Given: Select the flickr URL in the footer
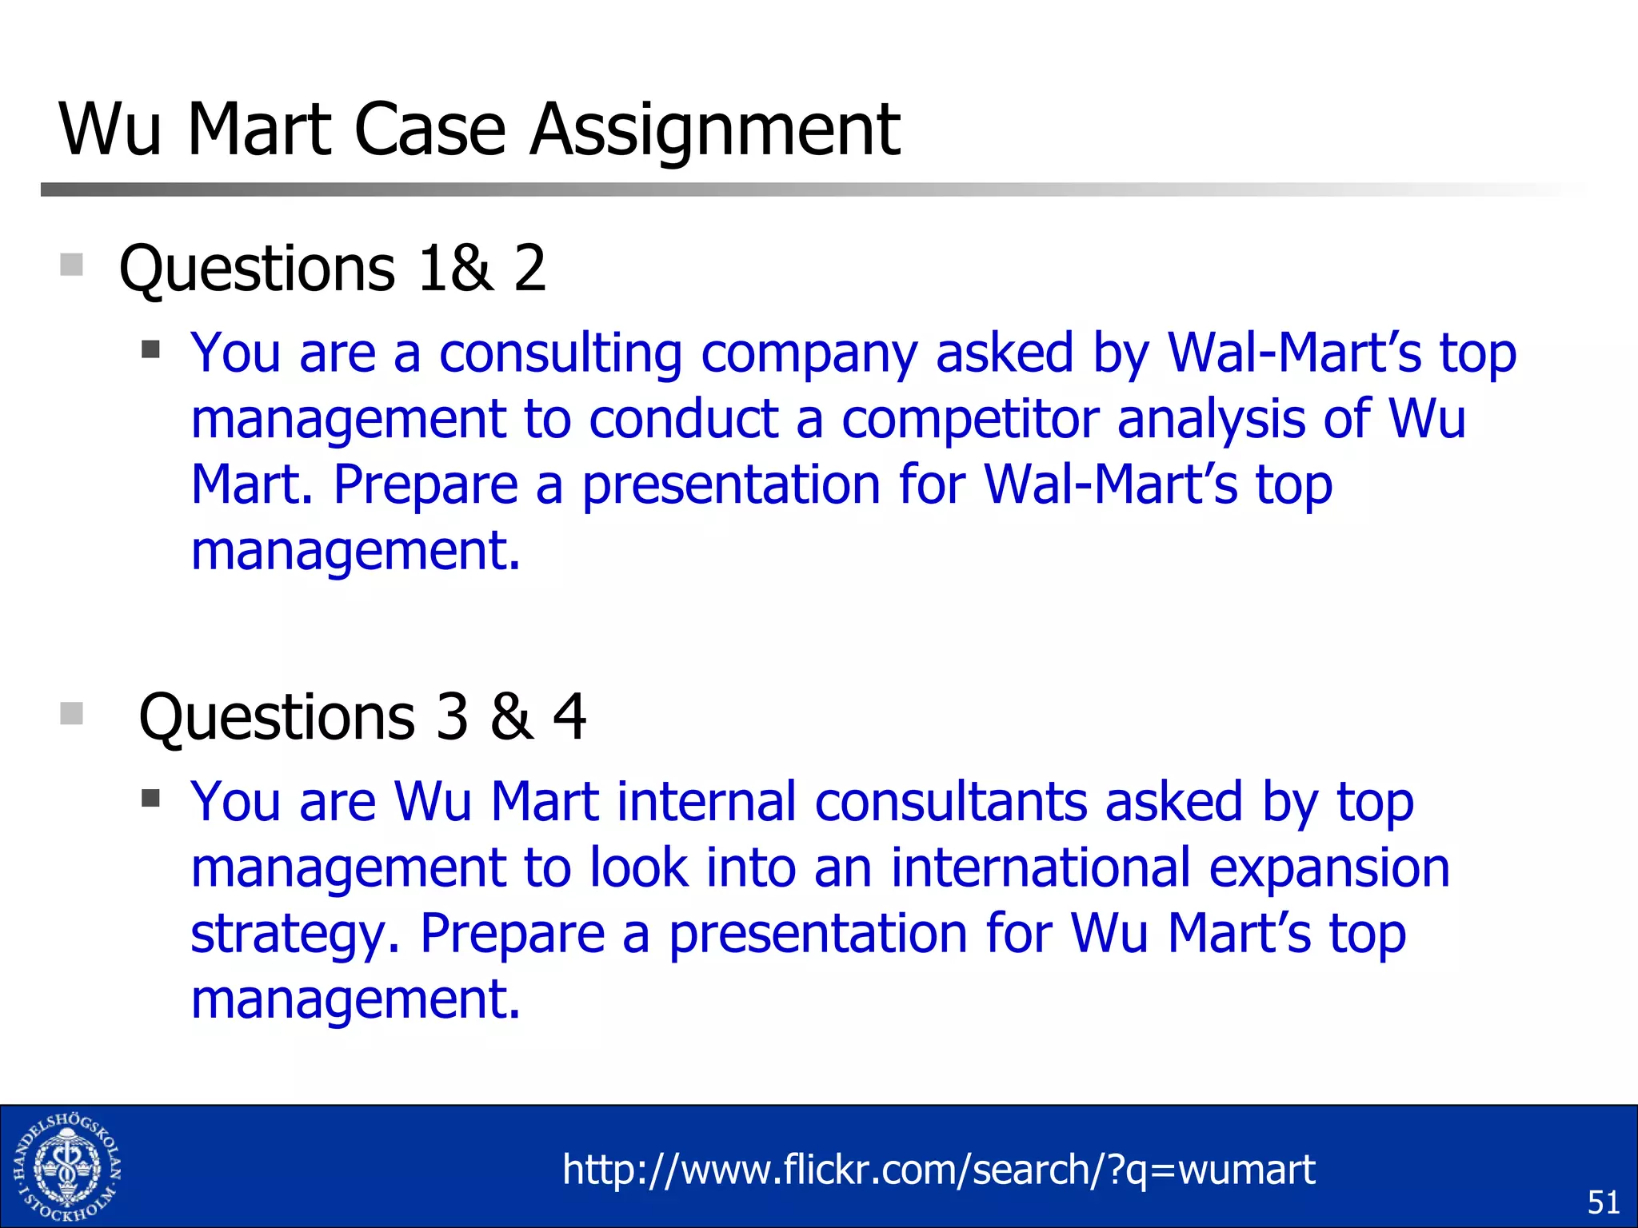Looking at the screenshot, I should pyautogui.click(x=938, y=1170).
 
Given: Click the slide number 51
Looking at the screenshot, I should pyautogui.click(x=1603, y=1202).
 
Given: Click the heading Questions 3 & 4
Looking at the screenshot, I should pyautogui.click(x=362, y=716).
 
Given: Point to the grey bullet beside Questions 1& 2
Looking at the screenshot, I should pyautogui.click(x=72, y=265).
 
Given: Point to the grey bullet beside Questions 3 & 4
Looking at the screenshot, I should pyautogui.click(x=72, y=713).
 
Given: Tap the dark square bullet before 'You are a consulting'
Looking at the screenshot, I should pyautogui.click(x=150, y=349).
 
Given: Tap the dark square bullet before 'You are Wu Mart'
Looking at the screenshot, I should pyautogui.click(x=150, y=798).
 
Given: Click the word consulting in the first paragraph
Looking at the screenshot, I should pyautogui.click(x=560, y=353).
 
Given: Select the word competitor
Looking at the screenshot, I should pyautogui.click(x=970, y=419).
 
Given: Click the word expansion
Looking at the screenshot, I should pyautogui.click(x=1328, y=868).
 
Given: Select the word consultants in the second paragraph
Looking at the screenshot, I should pyautogui.click(x=950, y=802).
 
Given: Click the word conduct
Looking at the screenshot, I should pyautogui.click(x=684, y=419).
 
